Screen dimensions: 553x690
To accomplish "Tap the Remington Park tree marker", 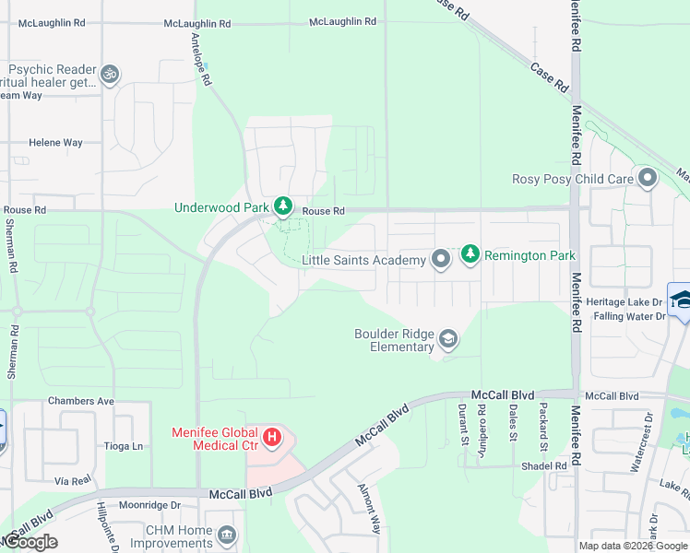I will [470, 253].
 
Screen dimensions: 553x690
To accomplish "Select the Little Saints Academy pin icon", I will [441, 260].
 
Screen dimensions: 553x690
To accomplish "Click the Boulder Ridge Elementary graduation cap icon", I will [448, 340].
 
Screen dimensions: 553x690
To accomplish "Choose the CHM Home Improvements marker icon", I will [226, 535].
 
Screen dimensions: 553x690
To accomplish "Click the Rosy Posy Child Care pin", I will [647, 178].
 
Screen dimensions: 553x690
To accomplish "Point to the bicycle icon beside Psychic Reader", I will [110, 74].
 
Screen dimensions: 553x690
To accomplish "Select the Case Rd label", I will [550, 76].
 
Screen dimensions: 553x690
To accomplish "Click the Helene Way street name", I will [55, 143].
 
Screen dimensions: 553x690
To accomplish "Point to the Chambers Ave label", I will [80, 401].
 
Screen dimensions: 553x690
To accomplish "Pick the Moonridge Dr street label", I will [149, 505].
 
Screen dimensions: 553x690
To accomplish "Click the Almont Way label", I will [369, 522].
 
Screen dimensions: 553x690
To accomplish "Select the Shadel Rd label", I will [543, 466].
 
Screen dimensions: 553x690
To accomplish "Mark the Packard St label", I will [542, 420].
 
